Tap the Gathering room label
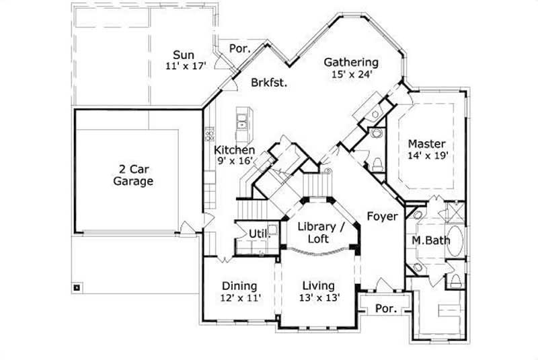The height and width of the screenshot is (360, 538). tap(351, 63)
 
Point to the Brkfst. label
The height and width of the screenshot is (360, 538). tap(270, 83)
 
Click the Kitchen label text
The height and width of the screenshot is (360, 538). tap(234, 150)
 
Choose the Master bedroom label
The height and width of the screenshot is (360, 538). tap(427, 144)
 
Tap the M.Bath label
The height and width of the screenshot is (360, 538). tap(426, 240)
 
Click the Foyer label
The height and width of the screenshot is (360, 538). tap(382, 216)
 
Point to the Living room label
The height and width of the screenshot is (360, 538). tap(318, 285)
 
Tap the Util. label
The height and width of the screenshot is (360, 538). tap(259, 233)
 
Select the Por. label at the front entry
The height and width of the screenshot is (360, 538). tap(385, 310)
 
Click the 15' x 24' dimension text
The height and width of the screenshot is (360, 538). tap(352, 75)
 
